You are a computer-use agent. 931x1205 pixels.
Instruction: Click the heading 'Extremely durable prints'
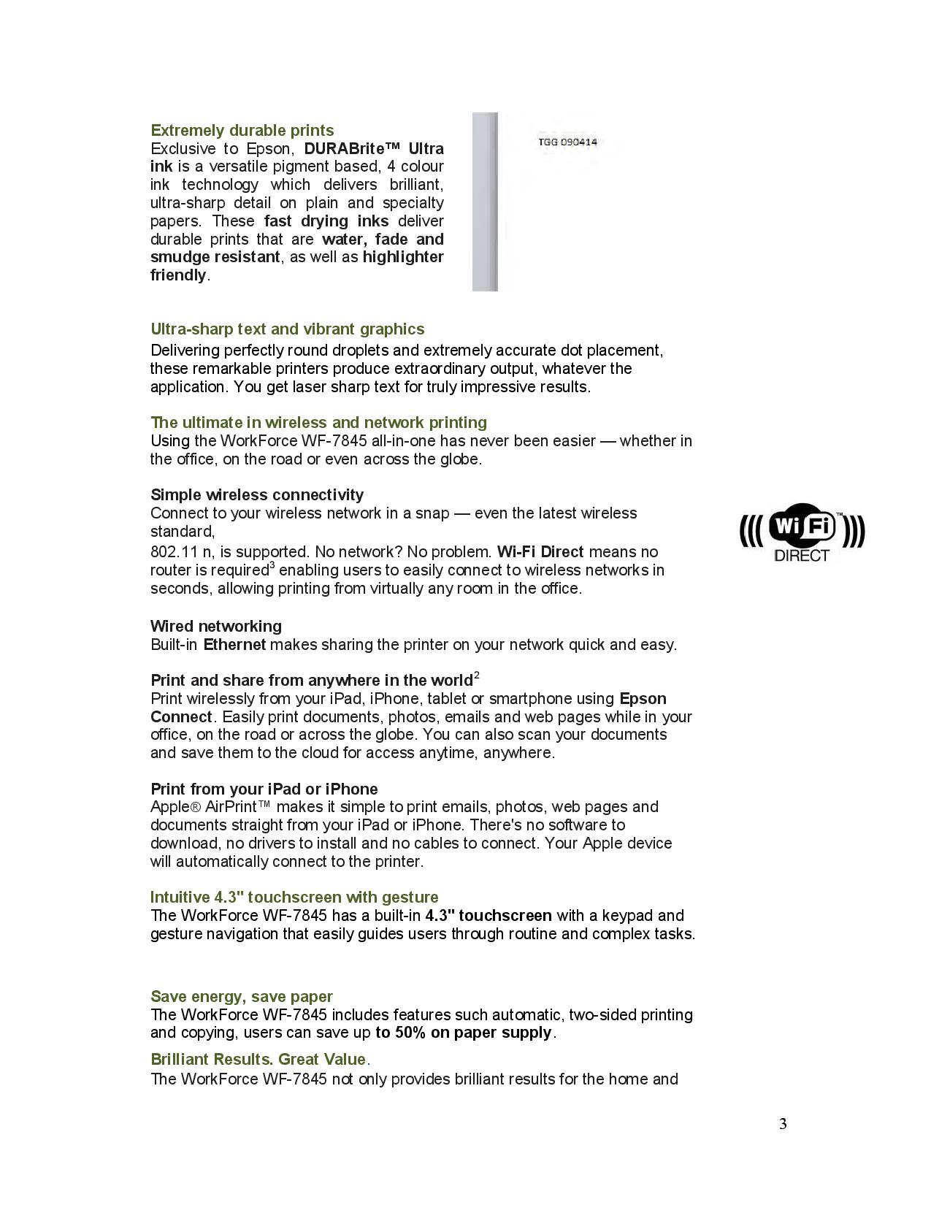[x=242, y=131]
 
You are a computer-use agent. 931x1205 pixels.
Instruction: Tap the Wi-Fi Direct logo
[x=802, y=532]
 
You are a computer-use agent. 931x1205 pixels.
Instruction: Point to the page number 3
[x=783, y=1124]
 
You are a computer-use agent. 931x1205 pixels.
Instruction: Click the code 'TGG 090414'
[x=567, y=142]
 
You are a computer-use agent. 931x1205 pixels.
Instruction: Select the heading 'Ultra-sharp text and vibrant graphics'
[x=287, y=329]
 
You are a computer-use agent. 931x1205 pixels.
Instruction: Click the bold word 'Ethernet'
[x=234, y=645]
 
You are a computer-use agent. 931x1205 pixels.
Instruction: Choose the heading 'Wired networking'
[x=215, y=627]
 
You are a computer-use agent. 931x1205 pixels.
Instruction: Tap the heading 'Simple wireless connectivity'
[x=256, y=495]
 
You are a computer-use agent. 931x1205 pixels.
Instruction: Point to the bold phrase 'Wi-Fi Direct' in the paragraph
[x=540, y=552]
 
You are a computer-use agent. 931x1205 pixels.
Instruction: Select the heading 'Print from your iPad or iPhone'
[x=264, y=789]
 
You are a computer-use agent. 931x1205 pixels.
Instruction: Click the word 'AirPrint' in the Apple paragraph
[x=231, y=807]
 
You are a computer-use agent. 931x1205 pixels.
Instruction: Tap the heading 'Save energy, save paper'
[x=241, y=997]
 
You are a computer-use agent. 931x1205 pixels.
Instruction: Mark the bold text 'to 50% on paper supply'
[x=464, y=1033]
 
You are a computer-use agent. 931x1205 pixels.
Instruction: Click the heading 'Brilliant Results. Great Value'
[x=258, y=1060]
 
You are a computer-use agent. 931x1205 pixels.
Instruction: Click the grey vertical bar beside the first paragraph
[x=485, y=202]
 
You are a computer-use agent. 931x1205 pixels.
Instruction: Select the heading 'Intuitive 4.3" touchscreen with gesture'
[x=294, y=898]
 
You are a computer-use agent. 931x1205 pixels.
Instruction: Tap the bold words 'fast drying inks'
[x=326, y=221]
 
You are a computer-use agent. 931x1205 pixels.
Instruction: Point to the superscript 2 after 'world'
[x=476, y=675]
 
